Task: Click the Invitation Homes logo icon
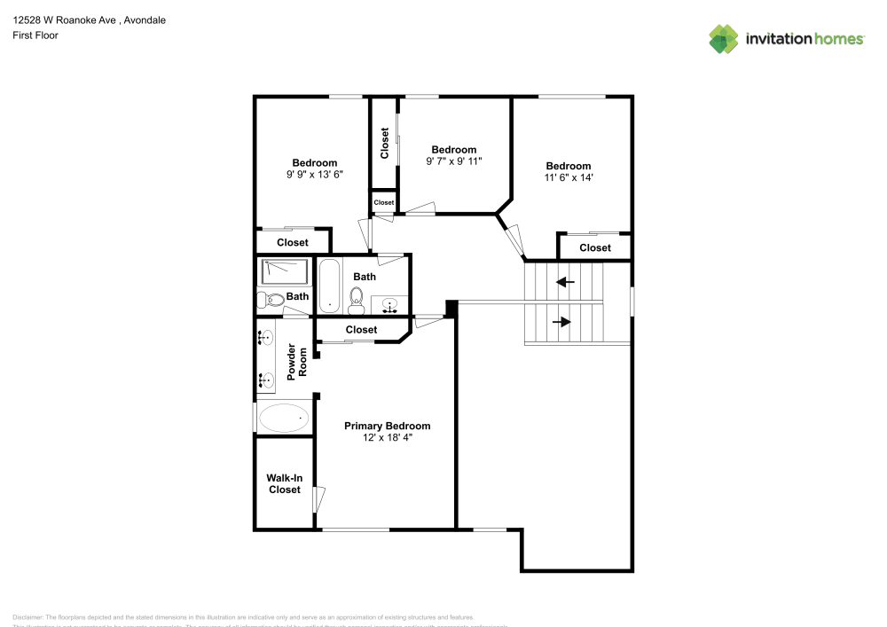(x=724, y=39)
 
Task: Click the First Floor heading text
(x=35, y=35)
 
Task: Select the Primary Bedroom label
(x=387, y=426)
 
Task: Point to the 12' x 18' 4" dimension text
(x=387, y=438)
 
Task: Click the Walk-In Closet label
(x=285, y=483)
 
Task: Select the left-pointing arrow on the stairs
(x=565, y=282)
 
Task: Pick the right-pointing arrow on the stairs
(x=562, y=322)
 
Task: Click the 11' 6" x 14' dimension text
(x=568, y=178)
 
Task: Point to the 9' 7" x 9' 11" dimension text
(x=453, y=162)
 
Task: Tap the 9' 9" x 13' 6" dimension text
(x=314, y=175)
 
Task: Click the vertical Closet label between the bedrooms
(x=384, y=143)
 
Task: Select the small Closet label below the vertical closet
(x=384, y=203)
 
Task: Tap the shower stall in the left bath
(x=284, y=271)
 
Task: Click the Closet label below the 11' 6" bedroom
(x=594, y=247)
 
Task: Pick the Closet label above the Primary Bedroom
(x=361, y=330)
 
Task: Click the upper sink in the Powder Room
(x=264, y=337)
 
